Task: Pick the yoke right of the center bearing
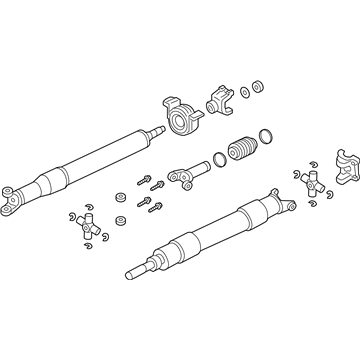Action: (218, 103)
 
